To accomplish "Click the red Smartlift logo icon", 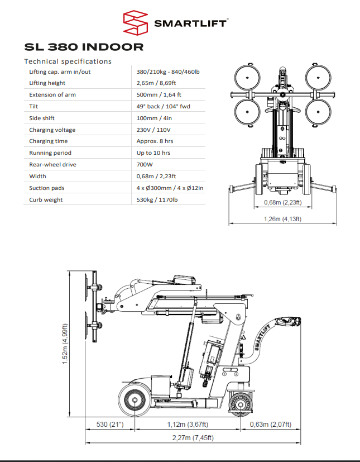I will pyautogui.click(x=137, y=23).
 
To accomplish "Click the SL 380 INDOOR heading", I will pyautogui.click(x=84, y=47).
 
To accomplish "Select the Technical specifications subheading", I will pyautogui.click(x=68, y=61).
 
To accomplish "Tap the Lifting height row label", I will pyautogui.click(x=47, y=83).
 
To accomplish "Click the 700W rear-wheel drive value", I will pyautogui.click(x=145, y=165).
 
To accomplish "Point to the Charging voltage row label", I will pyautogui.click(x=52, y=130).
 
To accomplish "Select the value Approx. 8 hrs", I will pyautogui.click(x=153, y=141).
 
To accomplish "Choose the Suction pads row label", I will pyautogui.click(x=47, y=188).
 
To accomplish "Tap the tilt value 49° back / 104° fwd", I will pyautogui.click(x=162, y=106).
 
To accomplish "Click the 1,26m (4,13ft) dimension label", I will pyautogui.click(x=282, y=219).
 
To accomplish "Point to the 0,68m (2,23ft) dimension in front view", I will pyautogui.click(x=282, y=202).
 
